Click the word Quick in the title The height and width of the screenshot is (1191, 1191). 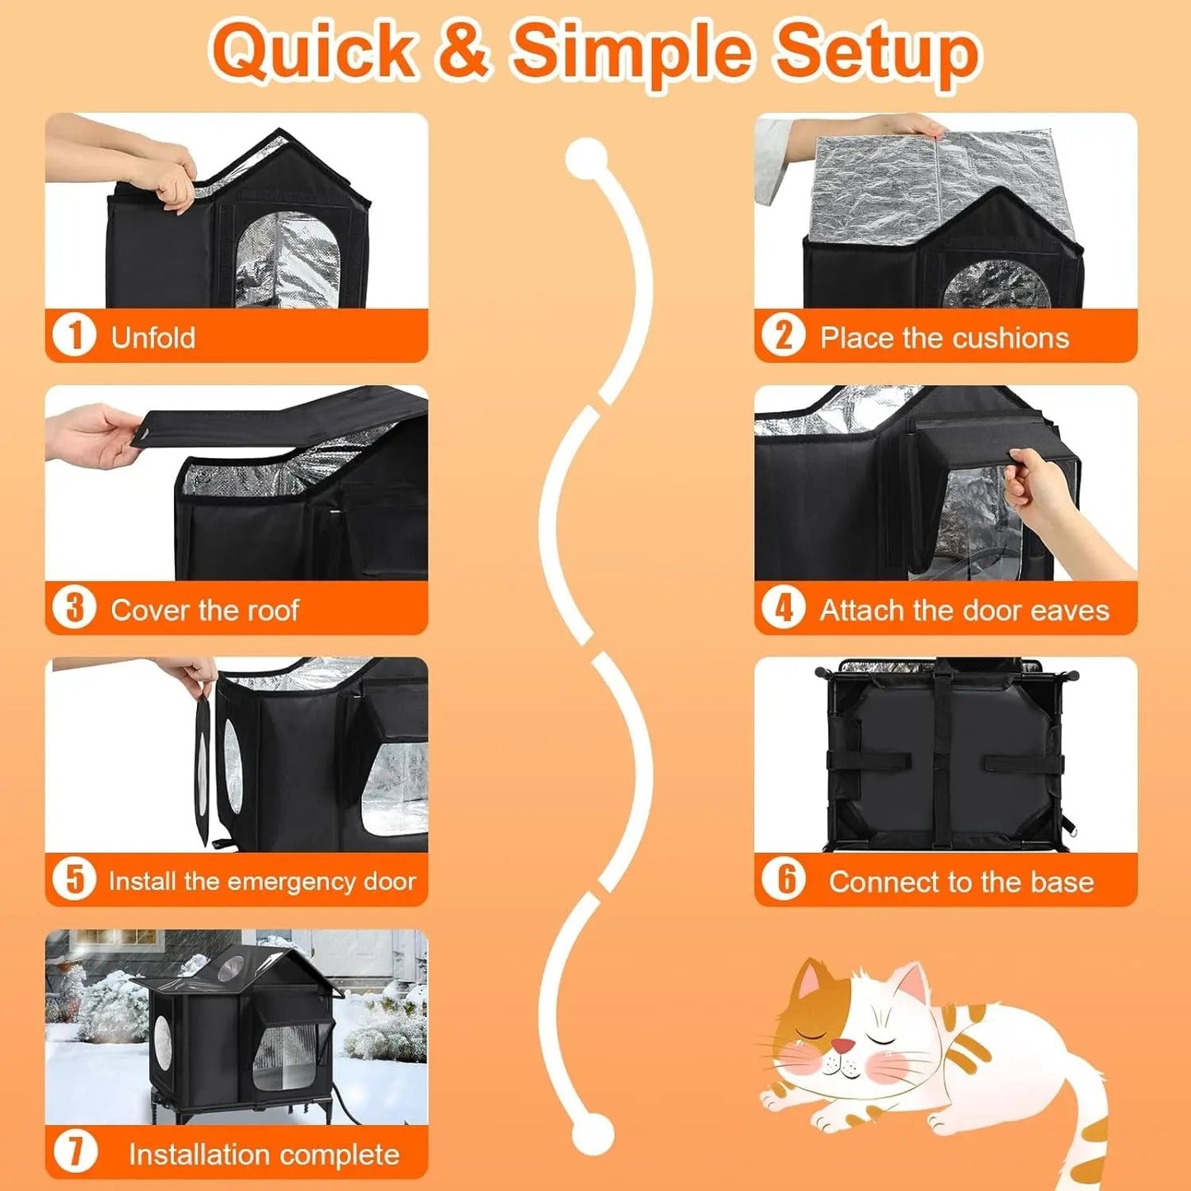click(313, 51)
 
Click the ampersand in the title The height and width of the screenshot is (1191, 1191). click(464, 51)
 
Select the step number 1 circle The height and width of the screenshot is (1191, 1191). click(74, 335)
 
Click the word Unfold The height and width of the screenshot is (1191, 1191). click(153, 338)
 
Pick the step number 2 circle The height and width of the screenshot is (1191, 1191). click(782, 335)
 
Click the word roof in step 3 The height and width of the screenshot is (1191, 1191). click(274, 610)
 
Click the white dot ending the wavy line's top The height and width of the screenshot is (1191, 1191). click(587, 157)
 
